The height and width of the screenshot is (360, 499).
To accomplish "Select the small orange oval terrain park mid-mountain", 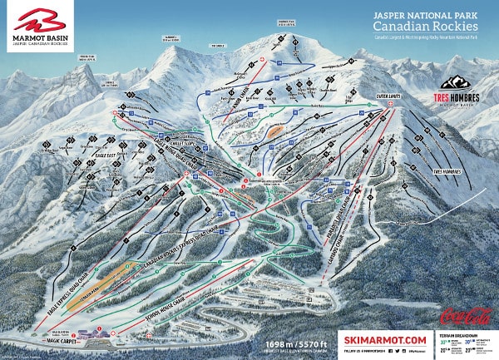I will coord(275,130).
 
